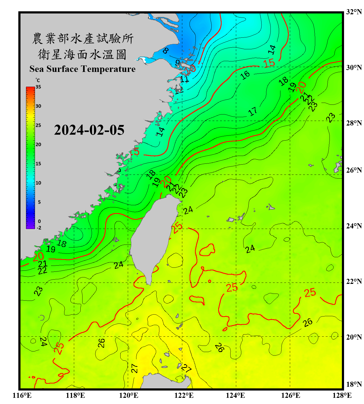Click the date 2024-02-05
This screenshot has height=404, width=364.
[89, 130]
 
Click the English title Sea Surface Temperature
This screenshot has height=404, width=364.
[83, 69]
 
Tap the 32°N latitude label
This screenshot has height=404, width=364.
[354, 12]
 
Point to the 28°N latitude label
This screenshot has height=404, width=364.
[354, 123]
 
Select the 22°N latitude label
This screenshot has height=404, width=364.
[354, 281]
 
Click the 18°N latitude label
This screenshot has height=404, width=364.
[354, 384]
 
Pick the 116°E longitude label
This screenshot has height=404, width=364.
[22, 395]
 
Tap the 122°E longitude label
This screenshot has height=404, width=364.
[184, 395]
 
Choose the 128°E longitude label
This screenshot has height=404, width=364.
[342, 395]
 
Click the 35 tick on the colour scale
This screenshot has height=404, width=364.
[38, 87]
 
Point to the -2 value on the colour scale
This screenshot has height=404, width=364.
[39, 228]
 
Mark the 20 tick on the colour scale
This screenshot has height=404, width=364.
[38, 145]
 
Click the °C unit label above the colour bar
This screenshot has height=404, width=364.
[37, 81]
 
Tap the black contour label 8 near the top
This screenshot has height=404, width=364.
[166, 50]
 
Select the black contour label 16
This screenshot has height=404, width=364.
[245, 75]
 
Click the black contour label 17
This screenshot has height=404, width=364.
[253, 111]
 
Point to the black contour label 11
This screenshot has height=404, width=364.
[185, 79]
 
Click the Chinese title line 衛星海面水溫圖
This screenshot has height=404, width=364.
[82, 54]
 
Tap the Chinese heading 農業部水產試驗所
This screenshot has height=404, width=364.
[83, 39]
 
